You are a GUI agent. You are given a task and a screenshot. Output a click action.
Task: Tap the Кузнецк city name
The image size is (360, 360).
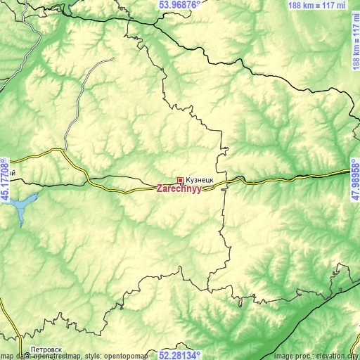[x=201, y=180]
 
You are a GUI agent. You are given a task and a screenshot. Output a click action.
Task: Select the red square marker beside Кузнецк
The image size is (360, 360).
[x=181, y=181]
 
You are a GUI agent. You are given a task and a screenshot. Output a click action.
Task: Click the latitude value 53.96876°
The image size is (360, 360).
[x=179, y=4]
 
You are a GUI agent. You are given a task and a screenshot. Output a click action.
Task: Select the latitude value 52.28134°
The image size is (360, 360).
[x=179, y=355]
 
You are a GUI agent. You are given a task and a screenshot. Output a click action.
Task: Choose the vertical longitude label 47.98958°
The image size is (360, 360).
[x=355, y=180]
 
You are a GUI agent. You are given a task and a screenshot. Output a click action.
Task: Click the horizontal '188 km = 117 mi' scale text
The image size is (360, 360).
[x=317, y=5]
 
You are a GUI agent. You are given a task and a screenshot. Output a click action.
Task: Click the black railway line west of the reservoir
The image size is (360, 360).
[x=7, y=181]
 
